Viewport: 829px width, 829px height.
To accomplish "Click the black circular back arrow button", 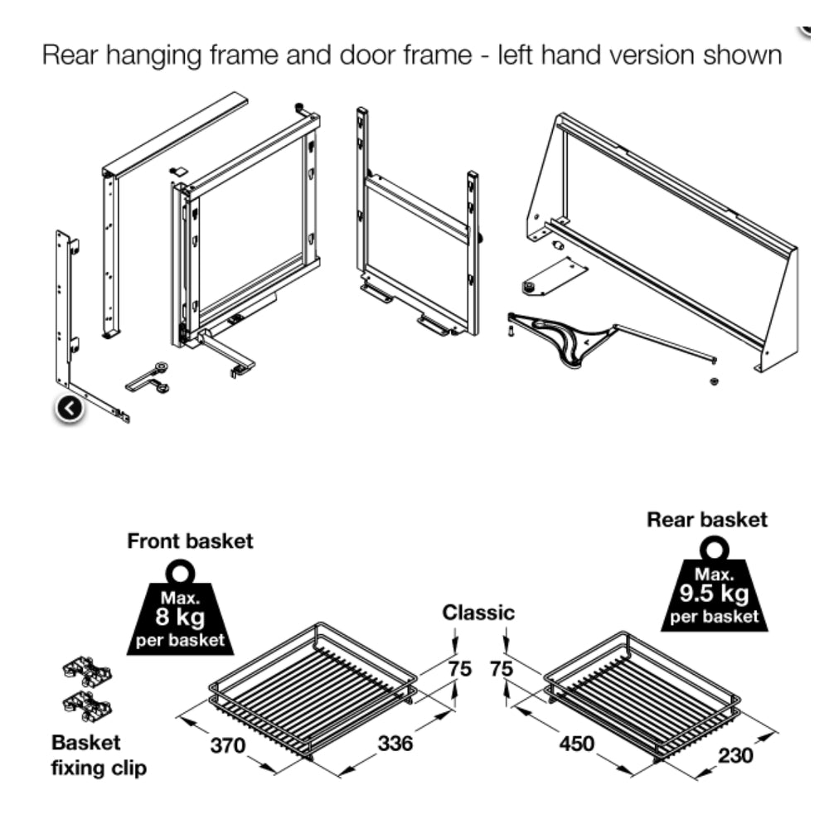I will click(70, 407).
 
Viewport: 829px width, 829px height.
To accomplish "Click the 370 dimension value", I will click(227, 745).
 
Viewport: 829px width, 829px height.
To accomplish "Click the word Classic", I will click(478, 613).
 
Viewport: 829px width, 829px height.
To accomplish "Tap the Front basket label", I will click(190, 541).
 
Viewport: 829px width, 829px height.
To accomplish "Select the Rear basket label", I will click(707, 520).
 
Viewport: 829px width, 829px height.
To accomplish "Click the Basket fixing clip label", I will click(99, 755).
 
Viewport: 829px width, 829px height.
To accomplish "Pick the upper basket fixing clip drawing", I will click(86, 671).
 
